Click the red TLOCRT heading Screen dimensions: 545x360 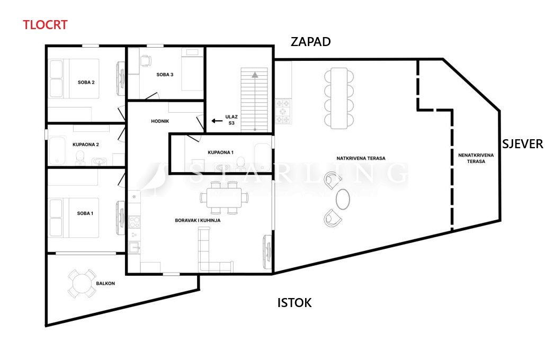pyautogui.click(x=45, y=25)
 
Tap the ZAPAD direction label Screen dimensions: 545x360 pyautogui.click(x=310, y=42)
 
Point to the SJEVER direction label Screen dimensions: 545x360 pyautogui.click(x=522, y=144)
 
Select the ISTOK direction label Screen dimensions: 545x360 pyautogui.click(x=294, y=303)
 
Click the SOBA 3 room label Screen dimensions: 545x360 pyautogui.click(x=165, y=75)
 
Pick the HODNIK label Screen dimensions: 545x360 pyautogui.click(x=160, y=121)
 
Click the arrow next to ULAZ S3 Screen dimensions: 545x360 pyautogui.click(x=217, y=121)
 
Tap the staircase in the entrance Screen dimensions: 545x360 pyautogui.click(x=254, y=100)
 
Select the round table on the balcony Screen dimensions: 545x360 pyautogui.click(x=82, y=284)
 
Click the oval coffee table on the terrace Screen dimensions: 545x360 pyautogui.click(x=343, y=199)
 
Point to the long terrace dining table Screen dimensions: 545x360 pyautogui.click(x=339, y=98)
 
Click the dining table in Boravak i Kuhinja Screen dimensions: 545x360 pyautogui.click(x=224, y=197)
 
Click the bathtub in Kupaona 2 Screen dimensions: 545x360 pyautogui.click(x=57, y=150)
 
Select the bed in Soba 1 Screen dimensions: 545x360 pyautogui.click(x=74, y=218)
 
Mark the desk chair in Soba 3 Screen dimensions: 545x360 pyautogui.click(x=146, y=61)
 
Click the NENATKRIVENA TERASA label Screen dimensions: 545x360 pyautogui.click(x=476, y=158)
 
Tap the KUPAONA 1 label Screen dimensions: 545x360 pyautogui.click(x=220, y=152)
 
